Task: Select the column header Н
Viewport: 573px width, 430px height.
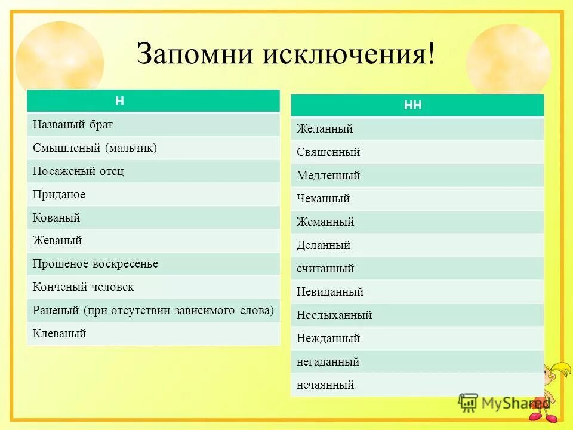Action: click(x=120, y=101)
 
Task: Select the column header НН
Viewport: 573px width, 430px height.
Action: click(x=413, y=106)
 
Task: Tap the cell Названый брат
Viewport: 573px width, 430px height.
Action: click(x=73, y=125)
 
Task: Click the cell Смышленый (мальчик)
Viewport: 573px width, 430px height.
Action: click(x=95, y=148)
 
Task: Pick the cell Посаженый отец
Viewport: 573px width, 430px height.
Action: click(x=78, y=171)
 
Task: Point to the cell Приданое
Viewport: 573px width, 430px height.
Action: click(x=59, y=195)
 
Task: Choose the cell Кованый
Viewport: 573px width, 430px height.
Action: click(x=56, y=218)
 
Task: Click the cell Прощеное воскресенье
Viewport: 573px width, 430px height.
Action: click(x=95, y=264)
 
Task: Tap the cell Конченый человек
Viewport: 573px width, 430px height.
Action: click(x=83, y=287)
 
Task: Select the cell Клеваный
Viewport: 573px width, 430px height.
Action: click(x=59, y=334)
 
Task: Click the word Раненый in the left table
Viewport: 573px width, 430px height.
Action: click(x=56, y=311)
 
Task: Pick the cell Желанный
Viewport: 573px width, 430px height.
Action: click(x=325, y=129)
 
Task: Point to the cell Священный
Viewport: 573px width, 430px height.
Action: click(x=328, y=152)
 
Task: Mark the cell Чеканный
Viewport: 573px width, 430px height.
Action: click(x=323, y=199)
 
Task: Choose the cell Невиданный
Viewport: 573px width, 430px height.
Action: click(x=330, y=292)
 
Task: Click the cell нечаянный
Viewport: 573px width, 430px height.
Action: click(x=325, y=385)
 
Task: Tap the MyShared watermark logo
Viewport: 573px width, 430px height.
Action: click(x=504, y=403)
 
